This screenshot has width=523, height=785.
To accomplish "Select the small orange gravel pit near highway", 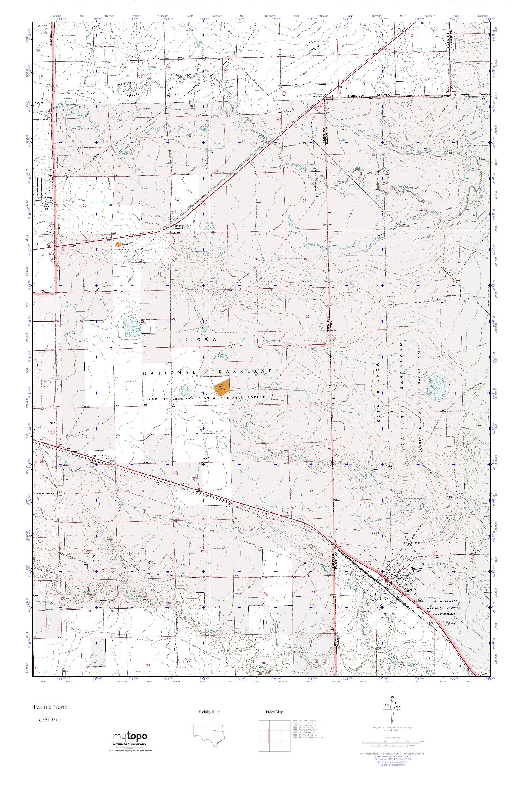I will (118, 245).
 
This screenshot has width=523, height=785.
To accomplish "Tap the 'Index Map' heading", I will (274, 712).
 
